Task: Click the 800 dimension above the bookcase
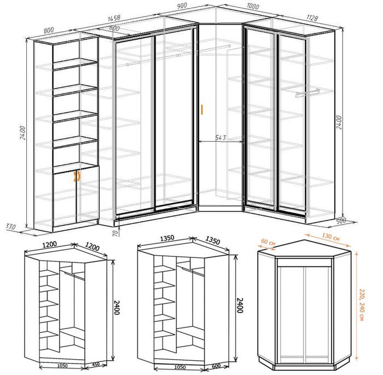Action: tap(49, 30)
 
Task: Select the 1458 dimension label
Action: tap(114, 18)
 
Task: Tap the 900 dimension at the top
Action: tap(182, 6)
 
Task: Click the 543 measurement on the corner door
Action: tap(220, 138)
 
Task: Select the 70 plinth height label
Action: tap(115, 233)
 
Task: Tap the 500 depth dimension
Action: tap(341, 221)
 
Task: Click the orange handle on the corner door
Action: tap(202, 109)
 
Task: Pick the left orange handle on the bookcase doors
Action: tap(74, 177)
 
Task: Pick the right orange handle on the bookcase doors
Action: tap(79, 177)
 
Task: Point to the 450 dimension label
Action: tap(96, 365)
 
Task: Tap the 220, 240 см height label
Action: tap(362, 304)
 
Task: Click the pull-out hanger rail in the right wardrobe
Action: tap(307, 93)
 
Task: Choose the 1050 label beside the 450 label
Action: tap(62, 366)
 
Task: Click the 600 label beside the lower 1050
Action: tap(216, 366)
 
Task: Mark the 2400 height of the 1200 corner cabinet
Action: tap(117, 307)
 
